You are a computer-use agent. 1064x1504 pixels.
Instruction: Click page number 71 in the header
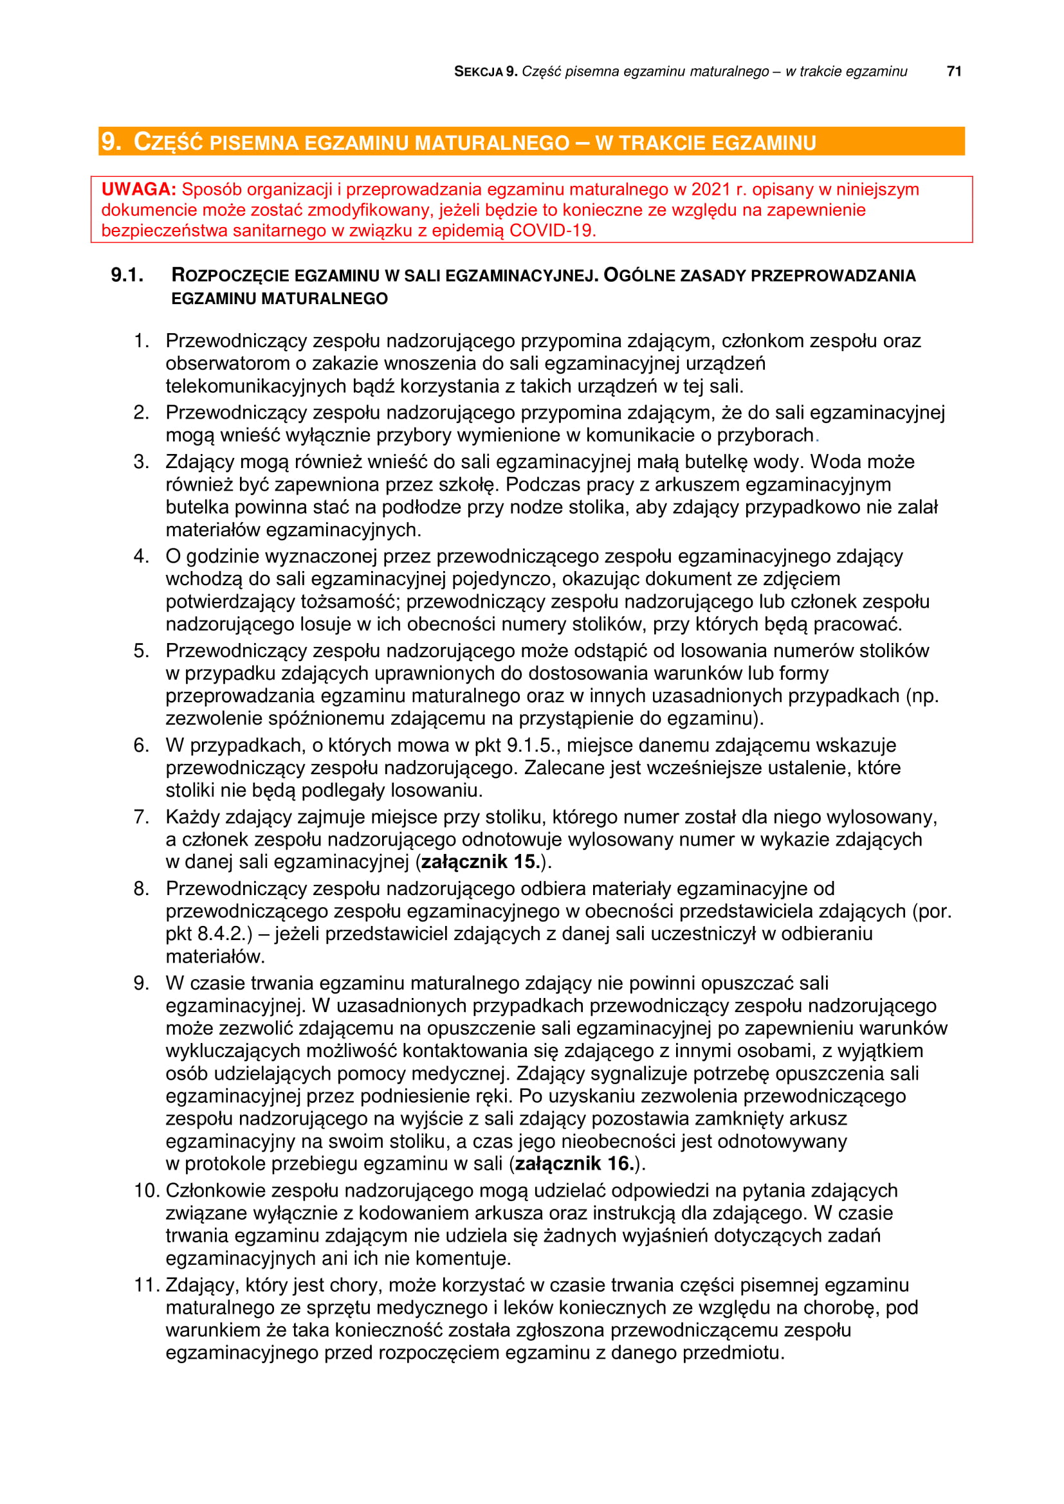click(954, 71)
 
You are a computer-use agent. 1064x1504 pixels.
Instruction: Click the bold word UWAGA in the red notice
click(138, 189)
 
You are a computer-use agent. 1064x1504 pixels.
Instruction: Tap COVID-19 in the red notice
click(552, 231)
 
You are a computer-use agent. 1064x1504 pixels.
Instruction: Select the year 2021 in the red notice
click(710, 189)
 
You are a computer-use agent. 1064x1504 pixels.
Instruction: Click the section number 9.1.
click(127, 275)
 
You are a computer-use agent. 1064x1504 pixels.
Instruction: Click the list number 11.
click(147, 1285)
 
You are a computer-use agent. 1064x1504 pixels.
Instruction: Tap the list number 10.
click(147, 1190)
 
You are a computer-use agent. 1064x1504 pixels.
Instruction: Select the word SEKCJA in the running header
click(478, 72)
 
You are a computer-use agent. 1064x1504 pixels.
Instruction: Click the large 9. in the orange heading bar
click(111, 141)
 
